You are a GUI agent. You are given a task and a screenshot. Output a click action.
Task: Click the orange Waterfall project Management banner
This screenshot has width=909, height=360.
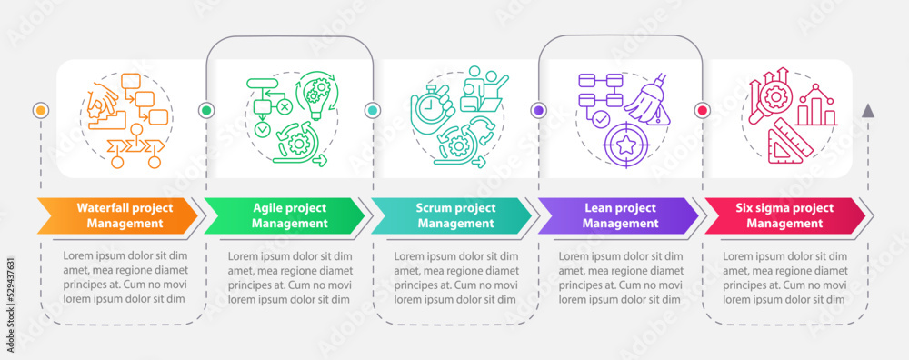pos(118,215)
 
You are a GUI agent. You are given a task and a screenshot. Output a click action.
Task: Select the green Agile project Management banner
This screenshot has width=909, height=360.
pos(284,215)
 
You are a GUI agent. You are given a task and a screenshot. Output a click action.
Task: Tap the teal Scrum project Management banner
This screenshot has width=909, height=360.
pos(450,215)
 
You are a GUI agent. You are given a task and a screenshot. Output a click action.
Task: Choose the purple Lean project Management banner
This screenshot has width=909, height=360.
pos(616,215)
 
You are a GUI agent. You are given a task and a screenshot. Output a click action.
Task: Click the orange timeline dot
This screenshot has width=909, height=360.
pos(40,110)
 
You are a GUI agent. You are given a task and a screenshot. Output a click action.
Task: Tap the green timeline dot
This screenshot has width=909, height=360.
pos(206,110)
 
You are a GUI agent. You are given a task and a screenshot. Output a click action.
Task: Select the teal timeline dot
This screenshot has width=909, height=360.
pos(372,110)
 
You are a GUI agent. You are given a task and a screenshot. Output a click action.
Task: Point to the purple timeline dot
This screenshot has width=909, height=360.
pos(538,110)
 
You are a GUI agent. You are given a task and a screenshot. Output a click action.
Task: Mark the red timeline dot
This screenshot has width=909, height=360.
pos(702,110)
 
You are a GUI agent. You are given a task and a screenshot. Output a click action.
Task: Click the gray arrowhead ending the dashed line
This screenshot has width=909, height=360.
pos(868,111)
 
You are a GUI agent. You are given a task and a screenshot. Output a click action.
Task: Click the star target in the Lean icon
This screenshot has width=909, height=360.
pos(624,144)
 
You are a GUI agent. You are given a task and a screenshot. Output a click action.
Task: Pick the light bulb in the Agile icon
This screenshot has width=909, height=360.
pos(315,94)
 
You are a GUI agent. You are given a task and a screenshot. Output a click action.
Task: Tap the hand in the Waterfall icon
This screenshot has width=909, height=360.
pos(103,92)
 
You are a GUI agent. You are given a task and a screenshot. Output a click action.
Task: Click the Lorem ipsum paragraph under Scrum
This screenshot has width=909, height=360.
pos(450,277)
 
